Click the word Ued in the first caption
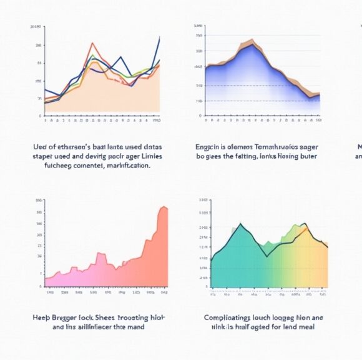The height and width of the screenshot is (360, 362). tap(40, 146)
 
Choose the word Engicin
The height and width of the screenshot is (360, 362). tap(209, 146)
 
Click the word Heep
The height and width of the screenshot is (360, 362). tap(41, 317)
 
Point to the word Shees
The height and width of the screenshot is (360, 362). tap(112, 317)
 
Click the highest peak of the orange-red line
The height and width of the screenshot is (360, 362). tap(93, 43)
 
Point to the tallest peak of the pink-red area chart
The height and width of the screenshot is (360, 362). tap(164, 207)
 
